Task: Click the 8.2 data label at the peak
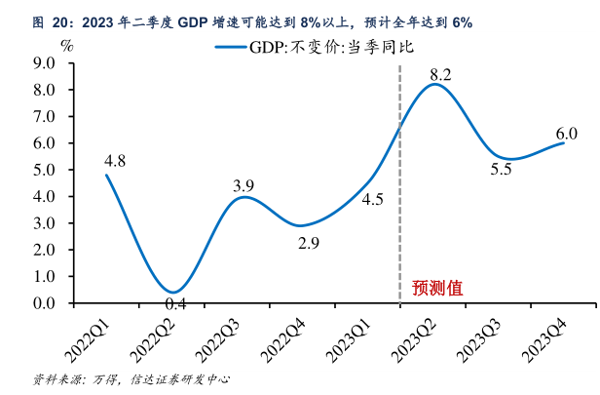pos(440,74)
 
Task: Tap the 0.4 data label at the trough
pos(175,304)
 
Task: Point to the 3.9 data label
pos(244,186)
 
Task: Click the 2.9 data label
pos(308,243)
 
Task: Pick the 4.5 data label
pos(372,200)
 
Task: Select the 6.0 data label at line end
pos(566,134)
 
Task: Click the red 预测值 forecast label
pos(436,288)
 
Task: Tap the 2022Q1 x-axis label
pos(90,333)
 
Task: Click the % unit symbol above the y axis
pos(66,44)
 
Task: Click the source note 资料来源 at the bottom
pos(58,378)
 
